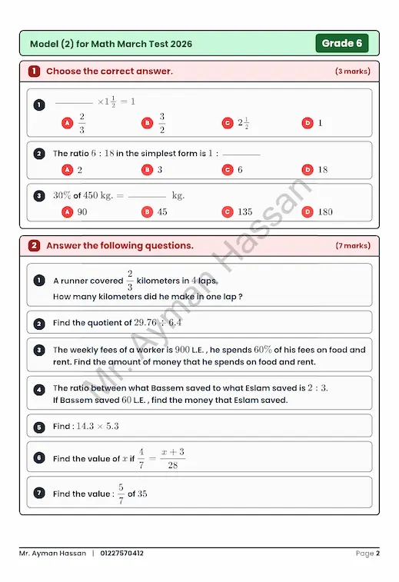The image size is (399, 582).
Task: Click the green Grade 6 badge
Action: pos(341,43)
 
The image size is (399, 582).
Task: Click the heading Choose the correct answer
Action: pos(109,72)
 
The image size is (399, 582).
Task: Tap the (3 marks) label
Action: pos(352,72)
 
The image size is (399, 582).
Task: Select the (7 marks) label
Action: pos(352,246)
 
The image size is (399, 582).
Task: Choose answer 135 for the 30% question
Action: pos(244,211)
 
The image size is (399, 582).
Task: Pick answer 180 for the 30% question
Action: pos(325,211)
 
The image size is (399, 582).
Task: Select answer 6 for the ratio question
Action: pos(240,170)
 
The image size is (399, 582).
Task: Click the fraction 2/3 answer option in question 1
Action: pos(82,123)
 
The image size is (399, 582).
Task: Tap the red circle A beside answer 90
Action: pos(67,211)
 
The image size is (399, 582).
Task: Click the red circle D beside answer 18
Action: pos(308,170)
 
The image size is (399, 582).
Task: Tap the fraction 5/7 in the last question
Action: pos(121,494)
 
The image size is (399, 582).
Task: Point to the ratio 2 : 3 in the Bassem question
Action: pos(318,388)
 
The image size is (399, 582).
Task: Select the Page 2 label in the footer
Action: pos(367,554)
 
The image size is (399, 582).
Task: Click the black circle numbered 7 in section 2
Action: pos(39,493)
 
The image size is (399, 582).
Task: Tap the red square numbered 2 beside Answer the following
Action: pos(35,246)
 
